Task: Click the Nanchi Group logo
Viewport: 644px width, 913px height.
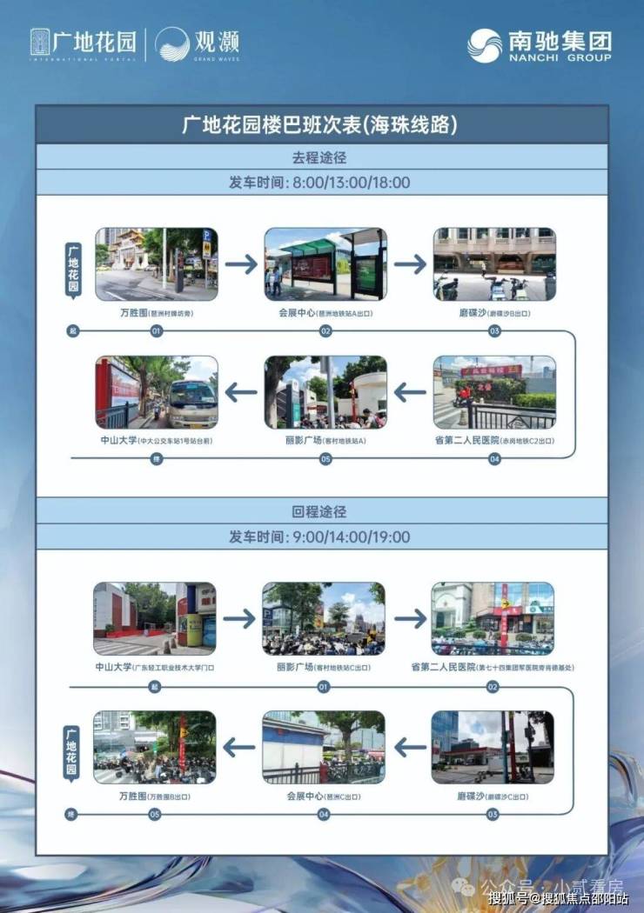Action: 540,45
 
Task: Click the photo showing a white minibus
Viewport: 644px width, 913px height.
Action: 157,392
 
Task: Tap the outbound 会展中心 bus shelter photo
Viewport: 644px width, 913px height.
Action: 325,264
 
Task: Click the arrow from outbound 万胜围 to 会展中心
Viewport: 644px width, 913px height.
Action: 241,264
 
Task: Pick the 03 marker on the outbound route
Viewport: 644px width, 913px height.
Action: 494,331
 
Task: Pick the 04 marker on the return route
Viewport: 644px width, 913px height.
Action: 324,815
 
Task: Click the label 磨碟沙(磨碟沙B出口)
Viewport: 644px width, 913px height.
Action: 494,313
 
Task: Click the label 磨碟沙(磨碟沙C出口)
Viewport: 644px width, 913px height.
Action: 493,795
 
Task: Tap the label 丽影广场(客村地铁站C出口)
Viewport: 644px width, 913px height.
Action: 324,667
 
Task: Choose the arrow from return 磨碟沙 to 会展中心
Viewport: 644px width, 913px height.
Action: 409,746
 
